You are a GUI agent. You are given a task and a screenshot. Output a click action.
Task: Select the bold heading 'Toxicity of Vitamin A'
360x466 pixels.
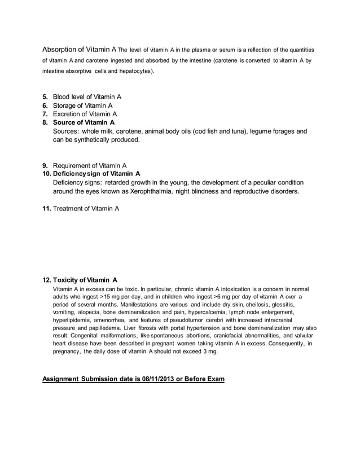(85, 279)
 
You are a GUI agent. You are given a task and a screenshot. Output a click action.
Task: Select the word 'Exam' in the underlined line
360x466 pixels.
(216, 379)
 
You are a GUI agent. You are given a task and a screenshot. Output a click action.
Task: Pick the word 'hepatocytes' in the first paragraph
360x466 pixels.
(135, 72)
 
